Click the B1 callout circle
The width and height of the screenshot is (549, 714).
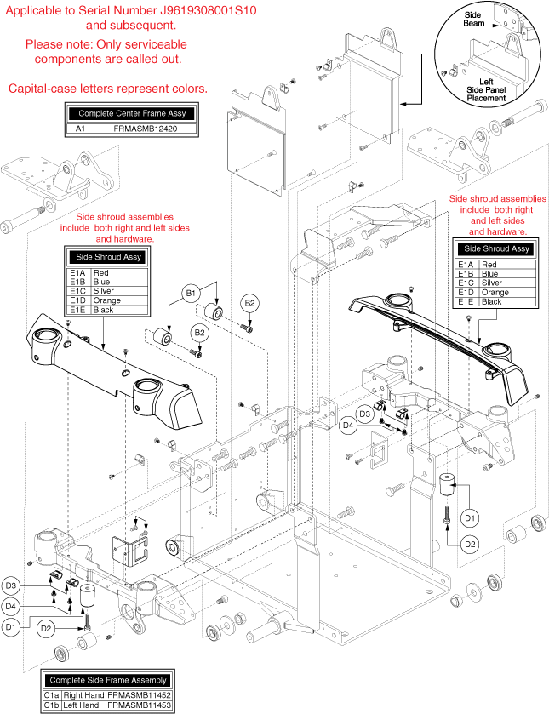click(191, 294)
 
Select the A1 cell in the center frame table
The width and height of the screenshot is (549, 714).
click(79, 129)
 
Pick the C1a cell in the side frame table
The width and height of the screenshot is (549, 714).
click(51, 694)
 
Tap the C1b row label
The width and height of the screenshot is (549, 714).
click(51, 705)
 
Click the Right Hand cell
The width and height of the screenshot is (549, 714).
click(83, 694)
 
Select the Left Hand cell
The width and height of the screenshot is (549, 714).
click(82, 705)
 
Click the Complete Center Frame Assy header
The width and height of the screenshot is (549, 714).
click(132, 113)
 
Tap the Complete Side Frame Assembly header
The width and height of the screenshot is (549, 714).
click(107, 680)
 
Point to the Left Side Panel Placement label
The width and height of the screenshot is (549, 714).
click(486, 90)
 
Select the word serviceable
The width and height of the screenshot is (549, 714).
click(152, 43)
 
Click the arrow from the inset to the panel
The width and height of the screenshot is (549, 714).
click(417, 104)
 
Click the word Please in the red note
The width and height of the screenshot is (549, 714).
click(43, 43)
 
